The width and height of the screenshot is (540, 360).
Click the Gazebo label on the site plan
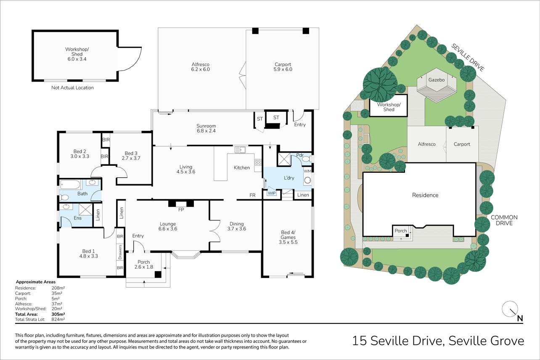tap(437, 79)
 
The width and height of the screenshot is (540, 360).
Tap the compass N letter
tap(520, 318)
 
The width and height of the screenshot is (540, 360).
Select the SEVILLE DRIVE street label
tap(467, 57)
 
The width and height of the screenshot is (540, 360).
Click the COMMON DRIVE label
tap(504, 220)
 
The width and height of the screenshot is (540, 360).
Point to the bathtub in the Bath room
tap(70, 185)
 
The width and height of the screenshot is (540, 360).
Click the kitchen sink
tap(240, 150)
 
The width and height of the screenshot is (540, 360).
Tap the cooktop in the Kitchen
tap(258, 162)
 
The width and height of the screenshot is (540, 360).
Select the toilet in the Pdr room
tap(307, 159)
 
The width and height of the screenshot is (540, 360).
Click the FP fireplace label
tap(181, 209)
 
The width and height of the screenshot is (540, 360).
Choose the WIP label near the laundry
tap(272, 193)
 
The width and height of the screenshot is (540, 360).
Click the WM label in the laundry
tap(307, 171)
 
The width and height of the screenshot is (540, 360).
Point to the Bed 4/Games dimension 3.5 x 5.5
tap(288, 242)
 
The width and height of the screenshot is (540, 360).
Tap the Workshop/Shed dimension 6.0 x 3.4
tap(77, 59)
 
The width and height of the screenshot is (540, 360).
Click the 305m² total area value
tap(58, 314)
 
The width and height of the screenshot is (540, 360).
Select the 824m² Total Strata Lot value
tap(58, 320)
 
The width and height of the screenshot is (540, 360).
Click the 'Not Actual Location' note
tap(72, 87)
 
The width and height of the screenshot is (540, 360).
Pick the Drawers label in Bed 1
tap(120, 252)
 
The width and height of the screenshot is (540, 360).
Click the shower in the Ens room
tap(85, 209)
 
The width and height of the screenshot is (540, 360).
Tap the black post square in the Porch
tap(158, 274)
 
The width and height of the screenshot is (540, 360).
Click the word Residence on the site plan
tap(425, 195)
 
